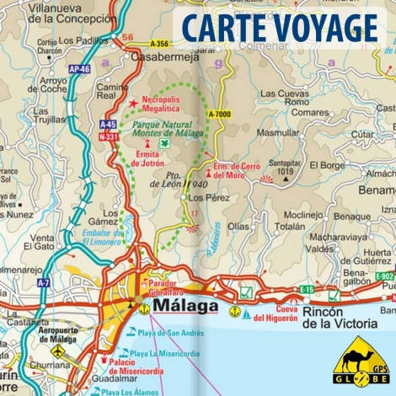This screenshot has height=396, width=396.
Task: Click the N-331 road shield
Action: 107,136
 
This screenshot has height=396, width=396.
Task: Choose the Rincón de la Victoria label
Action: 342,318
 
